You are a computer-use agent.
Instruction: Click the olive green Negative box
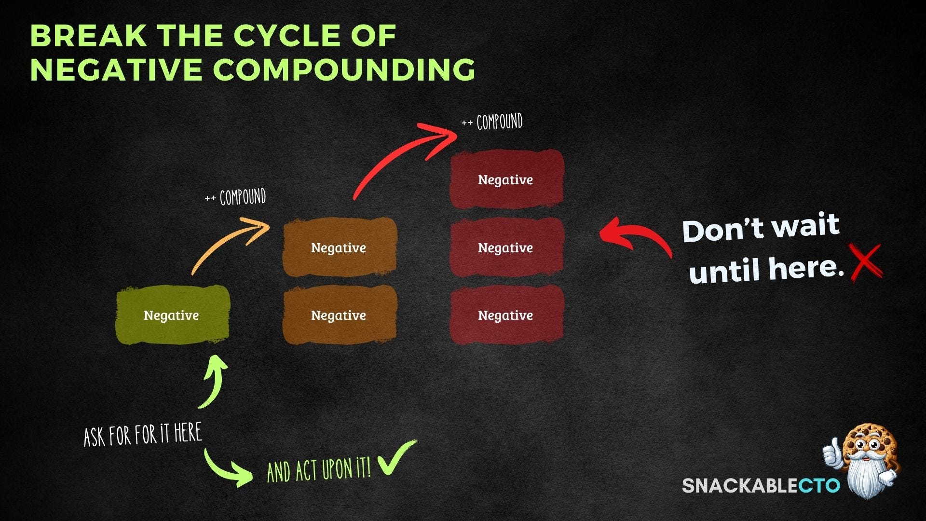click(172, 315)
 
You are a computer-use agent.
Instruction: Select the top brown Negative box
click(339, 247)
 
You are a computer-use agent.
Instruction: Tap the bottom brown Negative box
click(339, 315)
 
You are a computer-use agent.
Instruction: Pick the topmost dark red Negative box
click(506, 179)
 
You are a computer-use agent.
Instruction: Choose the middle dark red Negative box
click(506, 247)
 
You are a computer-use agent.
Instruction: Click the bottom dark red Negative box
click(506, 315)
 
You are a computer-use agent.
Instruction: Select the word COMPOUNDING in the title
click(344, 69)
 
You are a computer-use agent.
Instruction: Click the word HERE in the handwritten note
click(188, 433)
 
